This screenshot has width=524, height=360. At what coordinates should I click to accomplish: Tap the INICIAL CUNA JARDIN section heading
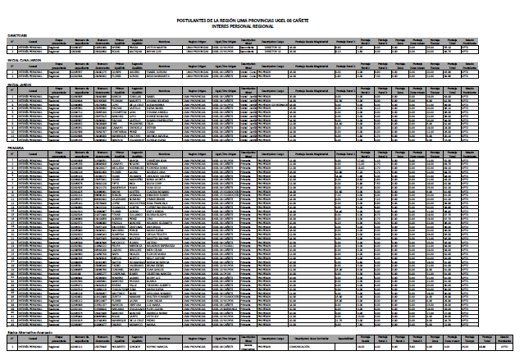pos(25,60)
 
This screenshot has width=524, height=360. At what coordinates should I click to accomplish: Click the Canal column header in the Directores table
pos(32,42)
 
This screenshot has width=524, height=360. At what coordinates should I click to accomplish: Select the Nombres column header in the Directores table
pos(163,42)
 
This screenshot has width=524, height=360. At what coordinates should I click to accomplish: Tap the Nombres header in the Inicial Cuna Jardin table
pos(163,66)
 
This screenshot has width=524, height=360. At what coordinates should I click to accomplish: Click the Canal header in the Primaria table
pos(32,153)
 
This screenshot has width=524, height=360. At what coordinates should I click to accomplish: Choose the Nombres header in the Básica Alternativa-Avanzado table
pos(163,339)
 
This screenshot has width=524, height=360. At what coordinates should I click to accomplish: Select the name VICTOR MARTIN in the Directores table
pos(160,48)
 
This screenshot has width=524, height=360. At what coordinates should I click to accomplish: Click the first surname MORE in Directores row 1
pos(117,48)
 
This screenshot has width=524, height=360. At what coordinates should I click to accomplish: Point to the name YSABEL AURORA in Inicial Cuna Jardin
pos(160,71)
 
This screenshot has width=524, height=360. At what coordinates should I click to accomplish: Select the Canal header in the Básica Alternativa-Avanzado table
pos(32,339)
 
